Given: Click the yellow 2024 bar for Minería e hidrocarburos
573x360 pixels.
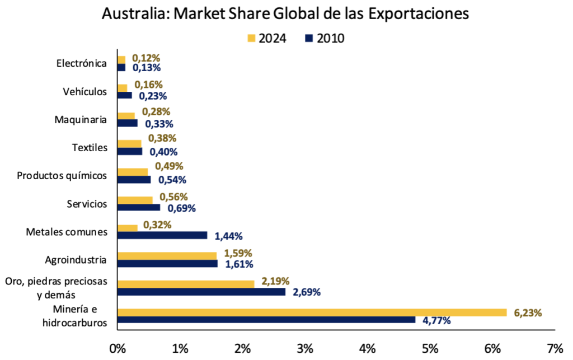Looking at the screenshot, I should (x=312, y=312).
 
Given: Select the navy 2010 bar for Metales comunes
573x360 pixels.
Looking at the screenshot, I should (x=162, y=236).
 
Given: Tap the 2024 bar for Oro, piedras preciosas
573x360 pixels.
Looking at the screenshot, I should (x=186, y=284).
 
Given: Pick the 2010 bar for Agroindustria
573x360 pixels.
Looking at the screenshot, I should (x=168, y=264).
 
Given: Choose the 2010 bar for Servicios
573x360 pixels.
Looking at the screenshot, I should (x=139, y=208).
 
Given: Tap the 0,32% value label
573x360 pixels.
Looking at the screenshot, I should (x=157, y=225).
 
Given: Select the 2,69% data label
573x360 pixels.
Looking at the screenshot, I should (x=307, y=292).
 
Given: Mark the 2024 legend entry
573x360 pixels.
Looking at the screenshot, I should (x=267, y=39).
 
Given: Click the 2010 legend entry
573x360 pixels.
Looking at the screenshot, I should (x=325, y=39).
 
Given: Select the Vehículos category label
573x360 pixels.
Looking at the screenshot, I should (x=84, y=91).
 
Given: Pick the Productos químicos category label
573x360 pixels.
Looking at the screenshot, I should (x=62, y=176).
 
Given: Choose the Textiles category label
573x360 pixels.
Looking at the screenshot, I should (x=90, y=148).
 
